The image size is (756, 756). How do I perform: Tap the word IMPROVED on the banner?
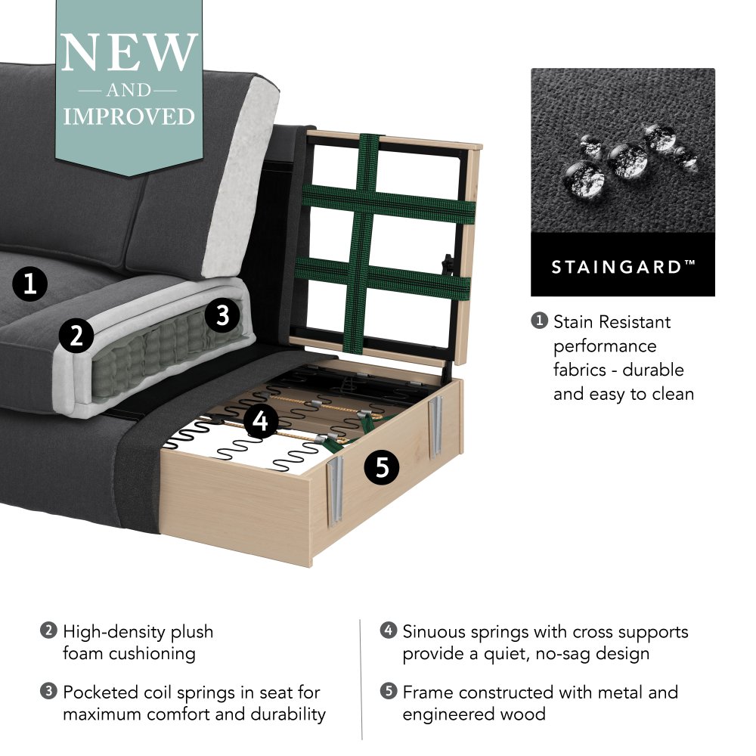[x=129, y=116]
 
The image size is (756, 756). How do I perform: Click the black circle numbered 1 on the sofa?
[x=29, y=285]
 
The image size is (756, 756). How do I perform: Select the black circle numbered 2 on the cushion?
[x=76, y=336]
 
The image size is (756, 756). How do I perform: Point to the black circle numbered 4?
[x=260, y=421]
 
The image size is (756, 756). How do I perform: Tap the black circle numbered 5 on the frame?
[x=383, y=468]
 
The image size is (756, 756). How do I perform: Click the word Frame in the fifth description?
[x=428, y=692]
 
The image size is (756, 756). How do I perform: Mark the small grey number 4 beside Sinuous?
[x=389, y=631]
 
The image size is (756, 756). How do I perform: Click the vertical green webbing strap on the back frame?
[x=368, y=242]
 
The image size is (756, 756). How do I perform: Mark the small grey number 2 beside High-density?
[x=48, y=631]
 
